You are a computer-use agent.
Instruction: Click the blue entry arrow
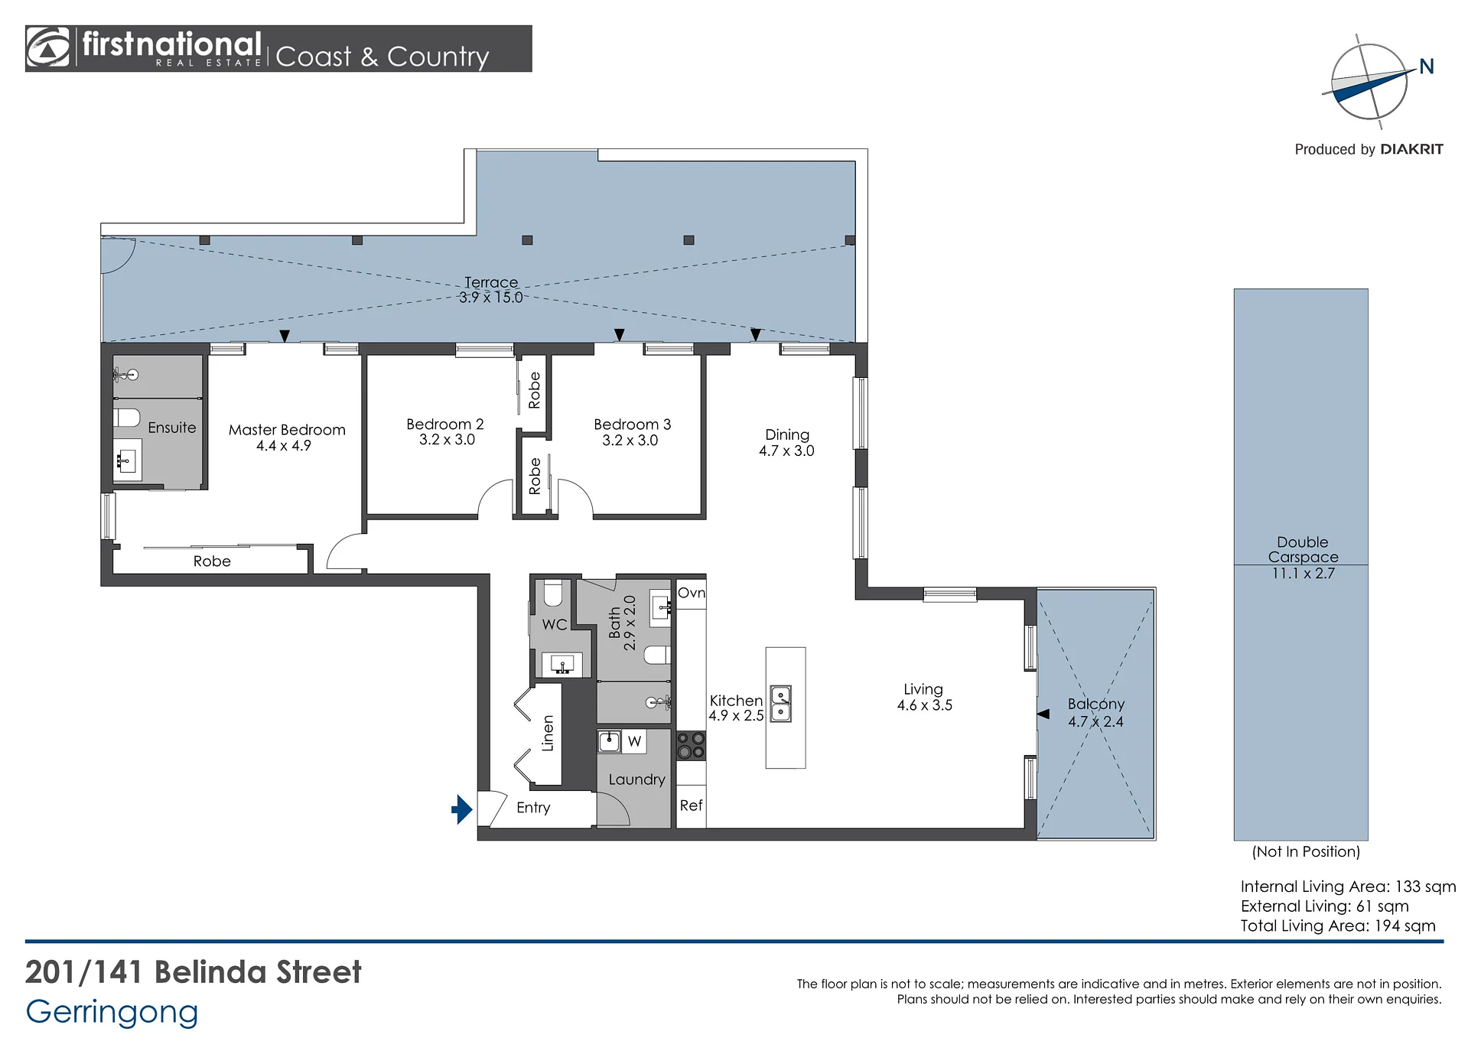click(x=462, y=809)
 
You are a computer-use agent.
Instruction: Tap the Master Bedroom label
click(x=287, y=430)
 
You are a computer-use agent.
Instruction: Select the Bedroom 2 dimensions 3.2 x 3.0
click(x=447, y=440)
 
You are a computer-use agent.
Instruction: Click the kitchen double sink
click(x=780, y=704)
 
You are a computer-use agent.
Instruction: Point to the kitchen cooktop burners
click(x=691, y=745)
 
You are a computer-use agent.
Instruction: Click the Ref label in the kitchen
click(x=691, y=805)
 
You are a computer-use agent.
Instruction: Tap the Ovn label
click(x=692, y=593)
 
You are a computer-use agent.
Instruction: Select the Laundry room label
click(x=636, y=779)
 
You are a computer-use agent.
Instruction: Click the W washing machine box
click(x=634, y=741)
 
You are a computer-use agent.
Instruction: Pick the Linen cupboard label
click(x=548, y=734)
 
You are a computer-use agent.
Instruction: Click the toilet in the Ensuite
click(x=127, y=418)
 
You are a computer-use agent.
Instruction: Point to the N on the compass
click(x=1427, y=67)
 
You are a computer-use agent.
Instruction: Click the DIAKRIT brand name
click(x=1412, y=149)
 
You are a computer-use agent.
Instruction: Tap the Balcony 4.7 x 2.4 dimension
click(x=1095, y=721)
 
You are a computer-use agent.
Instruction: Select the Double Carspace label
click(x=1303, y=549)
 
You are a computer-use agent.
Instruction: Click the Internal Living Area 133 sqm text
click(x=1348, y=887)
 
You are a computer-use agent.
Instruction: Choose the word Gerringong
click(x=112, y=1013)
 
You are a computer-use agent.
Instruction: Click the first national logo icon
click(x=47, y=48)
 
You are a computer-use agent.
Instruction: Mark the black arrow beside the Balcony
click(x=1043, y=714)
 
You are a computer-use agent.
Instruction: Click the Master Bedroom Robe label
click(x=212, y=561)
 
